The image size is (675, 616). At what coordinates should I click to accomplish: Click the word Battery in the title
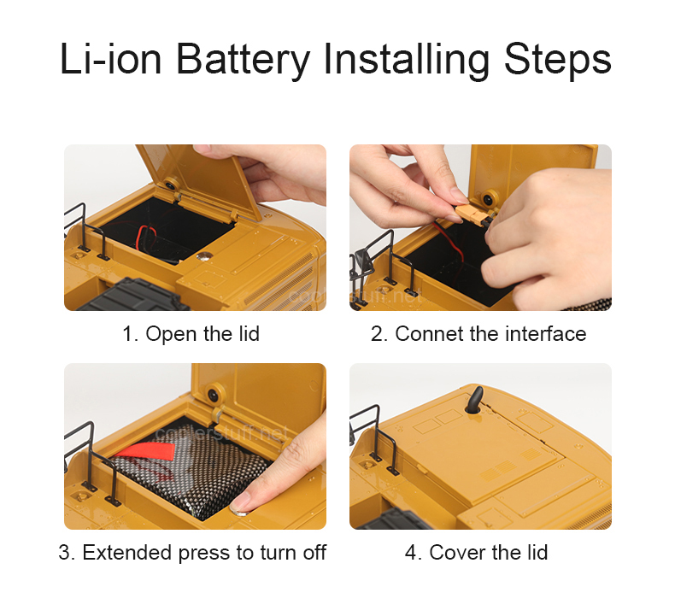[x=244, y=60]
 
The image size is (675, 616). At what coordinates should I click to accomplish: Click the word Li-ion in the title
[x=110, y=59]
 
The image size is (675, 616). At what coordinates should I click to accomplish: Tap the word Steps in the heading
[x=557, y=60]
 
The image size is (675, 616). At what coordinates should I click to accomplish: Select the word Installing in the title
[x=407, y=60]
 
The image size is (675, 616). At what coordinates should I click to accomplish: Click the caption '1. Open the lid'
[x=191, y=333]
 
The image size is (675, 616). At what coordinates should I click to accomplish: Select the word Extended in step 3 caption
[x=127, y=552]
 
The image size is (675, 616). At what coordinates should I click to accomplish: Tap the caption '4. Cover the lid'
[x=476, y=552]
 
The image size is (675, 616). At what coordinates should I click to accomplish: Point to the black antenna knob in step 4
[x=475, y=401]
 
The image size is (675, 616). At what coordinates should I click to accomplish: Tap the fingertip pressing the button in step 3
[x=242, y=503]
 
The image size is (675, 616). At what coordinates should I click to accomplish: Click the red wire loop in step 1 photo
[x=145, y=238]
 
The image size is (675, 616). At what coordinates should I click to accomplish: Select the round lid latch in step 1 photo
[x=171, y=185]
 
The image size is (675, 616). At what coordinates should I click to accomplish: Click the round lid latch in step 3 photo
[x=213, y=394]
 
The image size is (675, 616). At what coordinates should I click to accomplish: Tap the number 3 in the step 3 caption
[x=64, y=552]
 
